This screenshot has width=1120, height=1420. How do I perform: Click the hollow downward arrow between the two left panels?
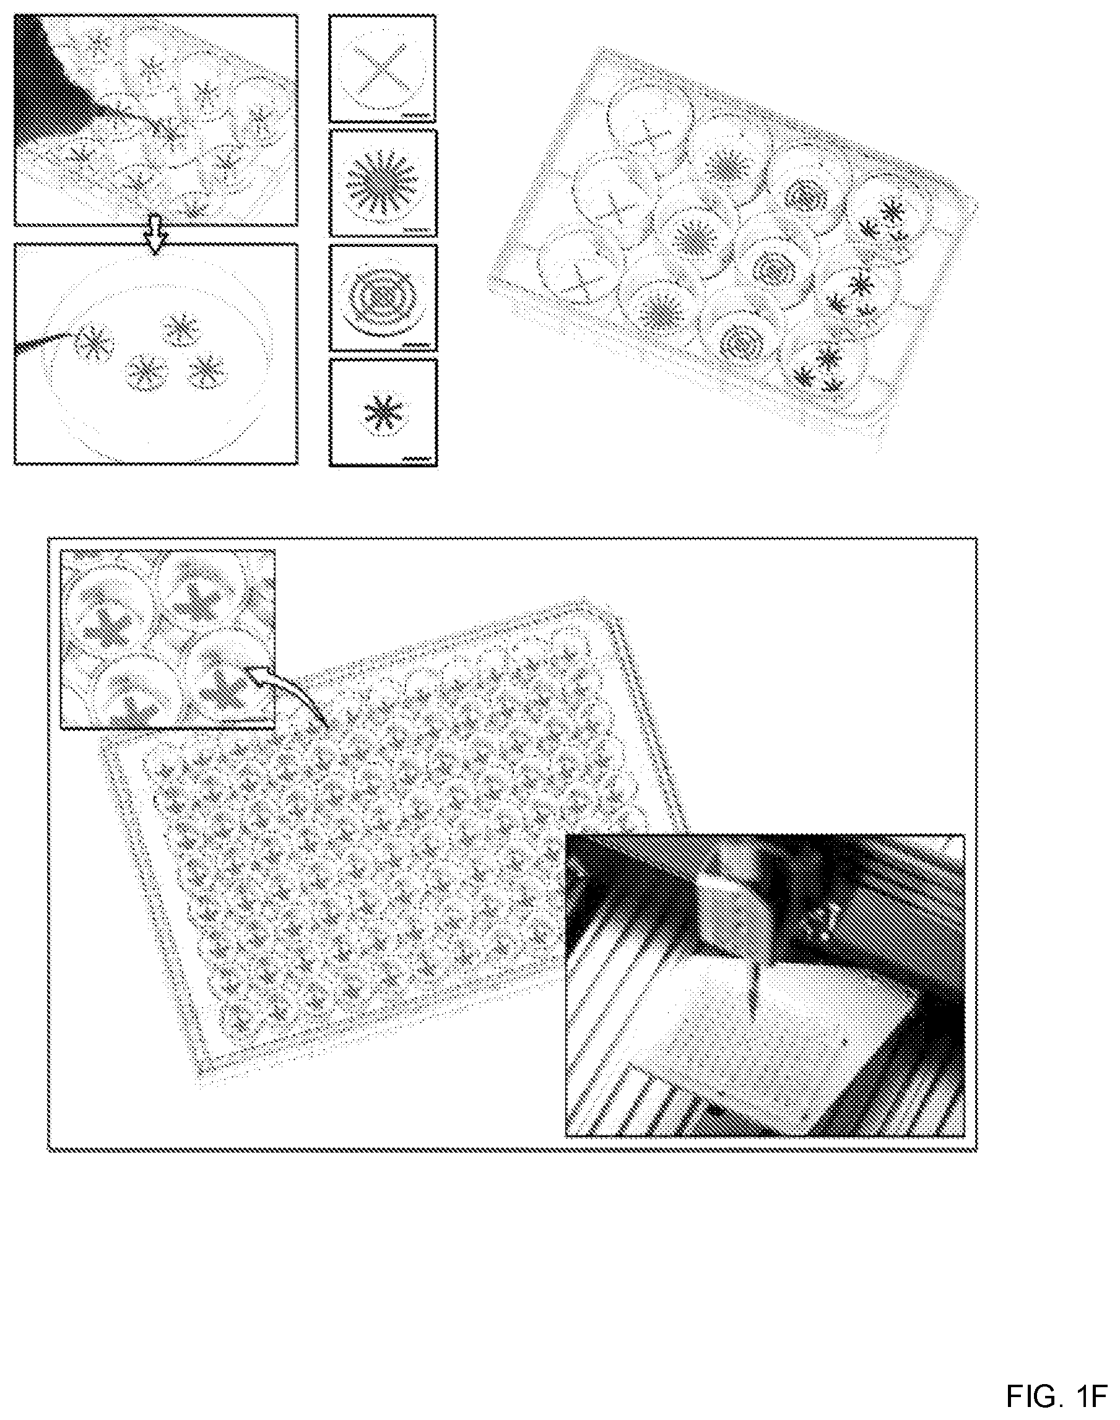click(x=155, y=240)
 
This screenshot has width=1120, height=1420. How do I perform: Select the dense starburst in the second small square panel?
click(x=381, y=181)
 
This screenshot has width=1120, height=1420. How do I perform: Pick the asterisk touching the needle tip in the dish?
click(x=96, y=342)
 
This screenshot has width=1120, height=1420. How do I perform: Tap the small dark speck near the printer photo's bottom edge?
click(x=716, y=1111)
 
